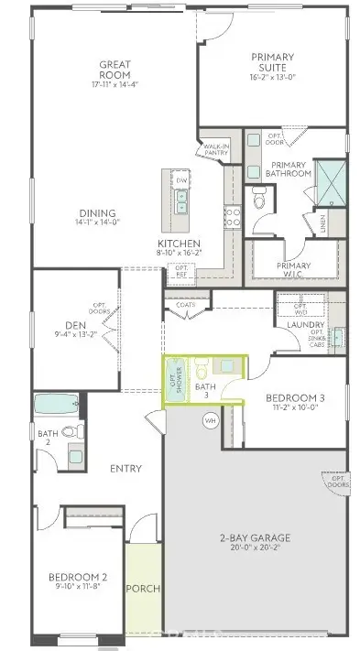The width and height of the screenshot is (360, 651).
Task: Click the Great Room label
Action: (x=115, y=71)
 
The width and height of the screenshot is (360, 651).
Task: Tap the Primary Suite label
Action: (x=273, y=62)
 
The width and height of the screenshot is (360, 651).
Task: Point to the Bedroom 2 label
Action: (x=78, y=578)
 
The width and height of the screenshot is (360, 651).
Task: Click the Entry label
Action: (x=125, y=469)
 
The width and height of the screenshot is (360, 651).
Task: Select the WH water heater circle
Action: (x=209, y=420)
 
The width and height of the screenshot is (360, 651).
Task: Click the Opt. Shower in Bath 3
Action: (x=172, y=378)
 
